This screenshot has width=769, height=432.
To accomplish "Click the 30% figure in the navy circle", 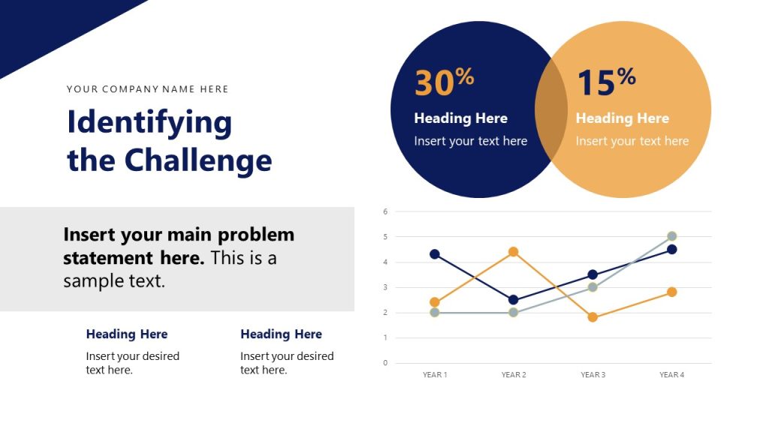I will (443, 82).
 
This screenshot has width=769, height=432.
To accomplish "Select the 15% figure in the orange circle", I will (605, 82).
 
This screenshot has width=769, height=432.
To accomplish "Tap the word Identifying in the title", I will (149, 122).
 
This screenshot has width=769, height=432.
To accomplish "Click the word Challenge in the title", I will (198, 160).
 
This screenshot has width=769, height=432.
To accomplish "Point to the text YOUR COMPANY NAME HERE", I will (147, 89).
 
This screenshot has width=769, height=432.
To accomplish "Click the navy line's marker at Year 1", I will (435, 254).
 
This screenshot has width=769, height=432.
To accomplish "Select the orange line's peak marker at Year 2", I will (514, 252).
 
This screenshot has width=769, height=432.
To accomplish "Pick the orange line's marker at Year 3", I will (593, 317).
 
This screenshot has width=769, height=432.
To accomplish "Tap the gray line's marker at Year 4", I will (672, 236).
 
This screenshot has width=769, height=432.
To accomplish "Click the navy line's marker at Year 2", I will (514, 300).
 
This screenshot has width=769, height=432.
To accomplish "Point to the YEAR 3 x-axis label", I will (593, 375).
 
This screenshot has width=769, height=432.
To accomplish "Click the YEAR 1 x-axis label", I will (435, 375).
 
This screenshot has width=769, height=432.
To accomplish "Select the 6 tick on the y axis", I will (385, 211).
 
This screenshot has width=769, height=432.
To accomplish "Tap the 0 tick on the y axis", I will (385, 363).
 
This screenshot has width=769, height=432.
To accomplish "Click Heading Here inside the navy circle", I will (460, 118).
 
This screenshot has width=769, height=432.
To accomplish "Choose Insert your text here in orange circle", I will (632, 141).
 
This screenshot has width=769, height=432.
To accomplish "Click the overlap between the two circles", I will (551, 109).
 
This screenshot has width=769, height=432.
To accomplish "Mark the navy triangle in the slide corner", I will (45, 26).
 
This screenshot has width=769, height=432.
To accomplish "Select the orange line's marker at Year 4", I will (672, 292).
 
